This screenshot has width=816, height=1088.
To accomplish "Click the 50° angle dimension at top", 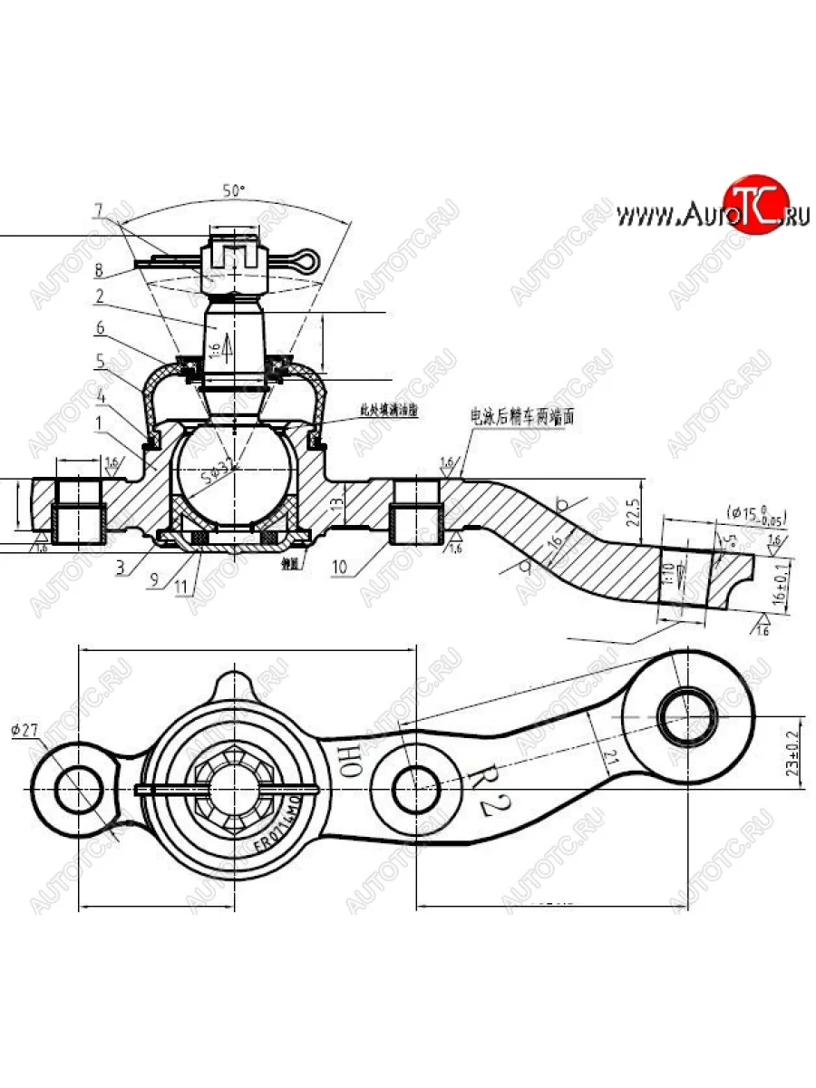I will [x=234, y=191].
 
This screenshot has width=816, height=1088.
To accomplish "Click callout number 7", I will [x=99, y=210].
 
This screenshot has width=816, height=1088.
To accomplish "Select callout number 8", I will [x=98, y=269].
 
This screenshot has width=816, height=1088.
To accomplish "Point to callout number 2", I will [x=98, y=296].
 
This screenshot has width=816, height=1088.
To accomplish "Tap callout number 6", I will [x=100, y=327].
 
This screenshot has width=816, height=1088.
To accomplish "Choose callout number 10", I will [x=340, y=568].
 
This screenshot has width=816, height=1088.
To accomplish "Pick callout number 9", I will [x=155, y=578].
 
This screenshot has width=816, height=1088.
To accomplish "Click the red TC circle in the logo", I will [x=756, y=205].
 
